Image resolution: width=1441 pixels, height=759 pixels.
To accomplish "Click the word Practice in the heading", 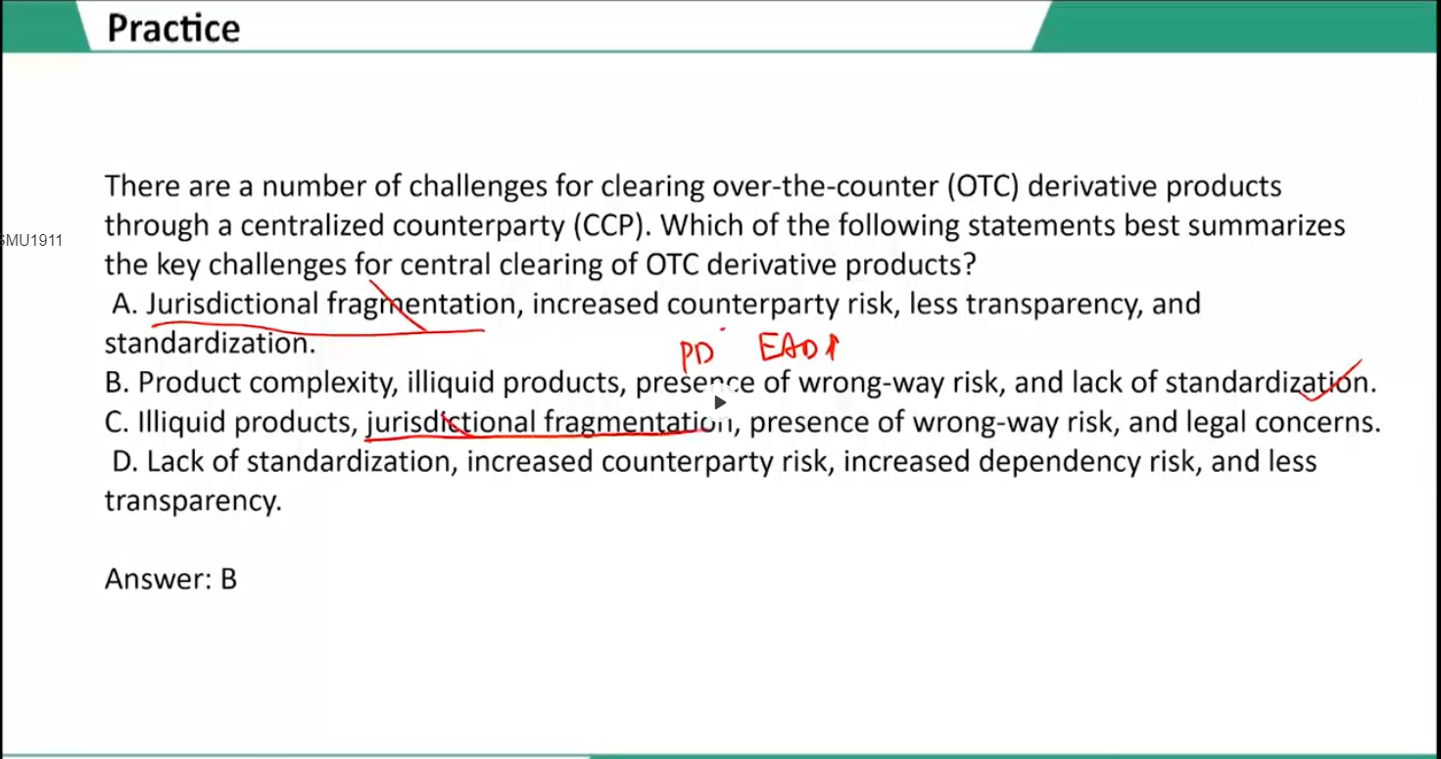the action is tap(173, 29).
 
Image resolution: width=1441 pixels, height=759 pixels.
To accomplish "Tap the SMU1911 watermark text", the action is tap(31, 241).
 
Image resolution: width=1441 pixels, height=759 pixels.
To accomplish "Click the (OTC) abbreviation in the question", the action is tap(983, 186).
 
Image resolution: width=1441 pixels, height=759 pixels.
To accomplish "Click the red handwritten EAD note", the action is tap(797, 348).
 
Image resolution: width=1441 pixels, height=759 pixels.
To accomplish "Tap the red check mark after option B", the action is tap(1329, 381).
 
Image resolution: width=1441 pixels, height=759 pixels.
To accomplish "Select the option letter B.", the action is tap(117, 383).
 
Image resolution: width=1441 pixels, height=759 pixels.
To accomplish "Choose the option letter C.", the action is tap(117, 423).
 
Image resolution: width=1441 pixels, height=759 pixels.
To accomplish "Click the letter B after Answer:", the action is tap(229, 579).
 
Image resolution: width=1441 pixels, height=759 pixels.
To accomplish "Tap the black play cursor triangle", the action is tap(720, 403).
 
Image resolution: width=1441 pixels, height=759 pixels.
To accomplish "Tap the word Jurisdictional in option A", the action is tap(233, 304).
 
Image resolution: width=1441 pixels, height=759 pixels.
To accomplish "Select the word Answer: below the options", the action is tap(159, 579).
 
